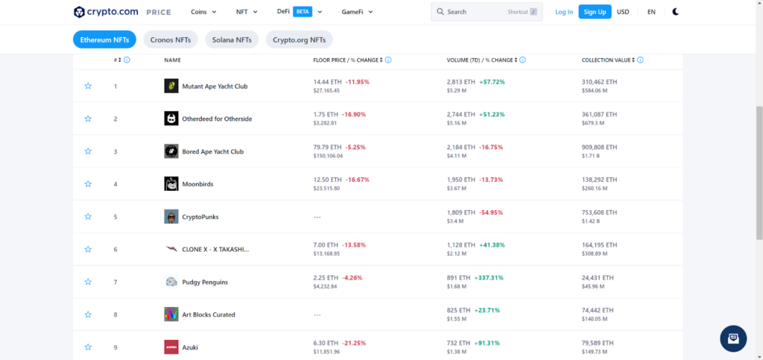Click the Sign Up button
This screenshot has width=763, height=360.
[x=595, y=12]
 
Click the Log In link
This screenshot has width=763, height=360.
[x=564, y=12]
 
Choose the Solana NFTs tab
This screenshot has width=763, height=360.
[x=232, y=40]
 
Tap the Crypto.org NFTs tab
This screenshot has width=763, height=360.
[x=299, y=40]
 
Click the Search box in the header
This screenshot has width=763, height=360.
[x=487, y=12]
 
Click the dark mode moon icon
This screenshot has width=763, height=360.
[x=675, y=12]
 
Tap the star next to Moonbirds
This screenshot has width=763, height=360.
[x=88, y=184]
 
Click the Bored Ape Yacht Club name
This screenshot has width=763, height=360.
[x=213, y=151]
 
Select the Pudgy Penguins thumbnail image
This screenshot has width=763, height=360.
[x=171, y=282]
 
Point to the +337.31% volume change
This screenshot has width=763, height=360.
[x=488, y=277]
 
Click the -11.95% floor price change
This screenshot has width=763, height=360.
[x=357, y=82]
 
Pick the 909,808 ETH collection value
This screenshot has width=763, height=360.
[x=599, y=147]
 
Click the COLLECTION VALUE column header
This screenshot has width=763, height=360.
[x=607, y=60]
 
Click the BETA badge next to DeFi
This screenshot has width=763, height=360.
[x=303, y=12]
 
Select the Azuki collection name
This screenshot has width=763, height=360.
[x=190, y=347]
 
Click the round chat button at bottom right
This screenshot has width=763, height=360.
[x=733, y=338]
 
